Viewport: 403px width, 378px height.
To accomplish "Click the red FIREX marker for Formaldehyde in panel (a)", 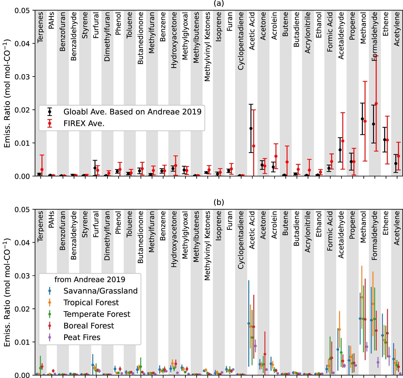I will [x=376, y=104].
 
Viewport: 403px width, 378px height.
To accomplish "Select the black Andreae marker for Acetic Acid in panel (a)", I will [x=251, y=128].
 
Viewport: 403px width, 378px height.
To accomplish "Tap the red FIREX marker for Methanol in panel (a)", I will [x=365, y=121].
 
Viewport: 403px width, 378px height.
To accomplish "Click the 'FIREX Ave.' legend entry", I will [x=84, y=123].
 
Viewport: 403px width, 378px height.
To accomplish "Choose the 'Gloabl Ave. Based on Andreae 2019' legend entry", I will [x=132, y=112].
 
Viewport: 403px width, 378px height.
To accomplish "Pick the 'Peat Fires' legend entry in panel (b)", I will [x=82, y=337].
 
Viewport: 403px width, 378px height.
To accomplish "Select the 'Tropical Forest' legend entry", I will [x=91, y=302].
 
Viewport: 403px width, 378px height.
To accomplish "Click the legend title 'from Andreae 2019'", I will [x=90, y=279].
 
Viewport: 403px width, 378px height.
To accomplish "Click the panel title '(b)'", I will [x=219, y=202].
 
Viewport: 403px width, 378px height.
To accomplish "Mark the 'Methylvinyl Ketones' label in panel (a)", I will [x=207, y=46].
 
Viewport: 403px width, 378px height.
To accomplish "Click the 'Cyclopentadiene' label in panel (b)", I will [x=241, y=240].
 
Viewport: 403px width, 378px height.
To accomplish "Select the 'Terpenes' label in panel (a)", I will [x=40, y=27].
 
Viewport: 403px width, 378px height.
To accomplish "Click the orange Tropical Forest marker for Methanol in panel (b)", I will [x=362, y=297].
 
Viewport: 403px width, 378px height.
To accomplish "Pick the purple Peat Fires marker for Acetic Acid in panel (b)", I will [x=255, y=346].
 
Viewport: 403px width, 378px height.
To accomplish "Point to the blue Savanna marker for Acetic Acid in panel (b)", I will [x=249, y=323].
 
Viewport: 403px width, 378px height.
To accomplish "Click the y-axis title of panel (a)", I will [x=7, y=93].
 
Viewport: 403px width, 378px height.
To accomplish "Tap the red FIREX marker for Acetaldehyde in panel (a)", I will [x=343, y=141].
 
